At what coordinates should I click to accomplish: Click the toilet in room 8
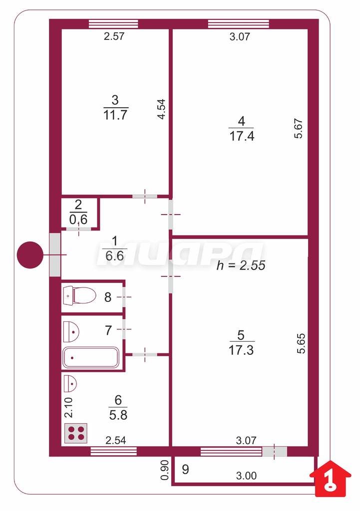point(79,295)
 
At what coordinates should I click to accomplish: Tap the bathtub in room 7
point(91,357)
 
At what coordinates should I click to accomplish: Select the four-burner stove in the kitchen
point(76,433)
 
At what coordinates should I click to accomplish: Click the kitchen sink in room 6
point(70,383)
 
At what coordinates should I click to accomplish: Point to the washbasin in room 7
point(71,332)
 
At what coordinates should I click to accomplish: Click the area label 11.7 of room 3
point(115,115)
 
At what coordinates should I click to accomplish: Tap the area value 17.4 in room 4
point(241,136)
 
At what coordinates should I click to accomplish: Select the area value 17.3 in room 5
point(241,350)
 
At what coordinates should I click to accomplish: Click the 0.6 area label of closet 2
point(78,220)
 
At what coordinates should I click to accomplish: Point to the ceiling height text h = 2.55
point(241,265)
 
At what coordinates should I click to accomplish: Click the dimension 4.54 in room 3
point(162,109)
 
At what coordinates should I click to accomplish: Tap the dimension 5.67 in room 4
point(299,129)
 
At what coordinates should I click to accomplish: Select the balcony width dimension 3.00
point(246,476)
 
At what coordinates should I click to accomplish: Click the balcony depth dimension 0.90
point(165,470)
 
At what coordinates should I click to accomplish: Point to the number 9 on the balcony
point(185,470)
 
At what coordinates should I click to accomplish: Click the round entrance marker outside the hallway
point(30,255)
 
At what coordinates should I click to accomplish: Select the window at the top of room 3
point(113,24)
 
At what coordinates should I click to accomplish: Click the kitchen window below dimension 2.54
point(113,451)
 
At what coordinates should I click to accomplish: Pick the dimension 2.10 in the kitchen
point(68,407)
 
